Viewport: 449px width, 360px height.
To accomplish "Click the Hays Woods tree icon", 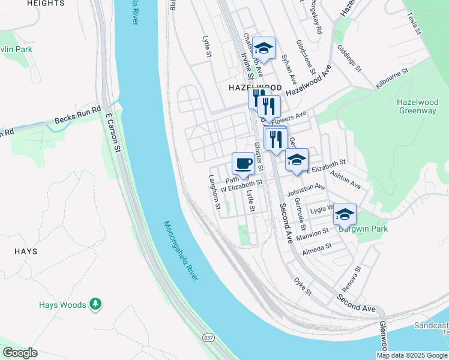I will click(95, 304).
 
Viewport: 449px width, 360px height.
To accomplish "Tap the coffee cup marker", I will click(243, 163).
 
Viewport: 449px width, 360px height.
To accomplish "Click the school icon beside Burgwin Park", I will click(345, 214).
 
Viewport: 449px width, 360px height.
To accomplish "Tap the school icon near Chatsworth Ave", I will click(264, 47).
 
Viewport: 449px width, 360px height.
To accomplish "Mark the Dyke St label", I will click(303, 286).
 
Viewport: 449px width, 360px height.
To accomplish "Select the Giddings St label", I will click(348, 58).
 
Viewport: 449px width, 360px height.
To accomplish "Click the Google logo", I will click(20, 353).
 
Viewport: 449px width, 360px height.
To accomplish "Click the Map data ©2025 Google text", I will click(412, 355).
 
